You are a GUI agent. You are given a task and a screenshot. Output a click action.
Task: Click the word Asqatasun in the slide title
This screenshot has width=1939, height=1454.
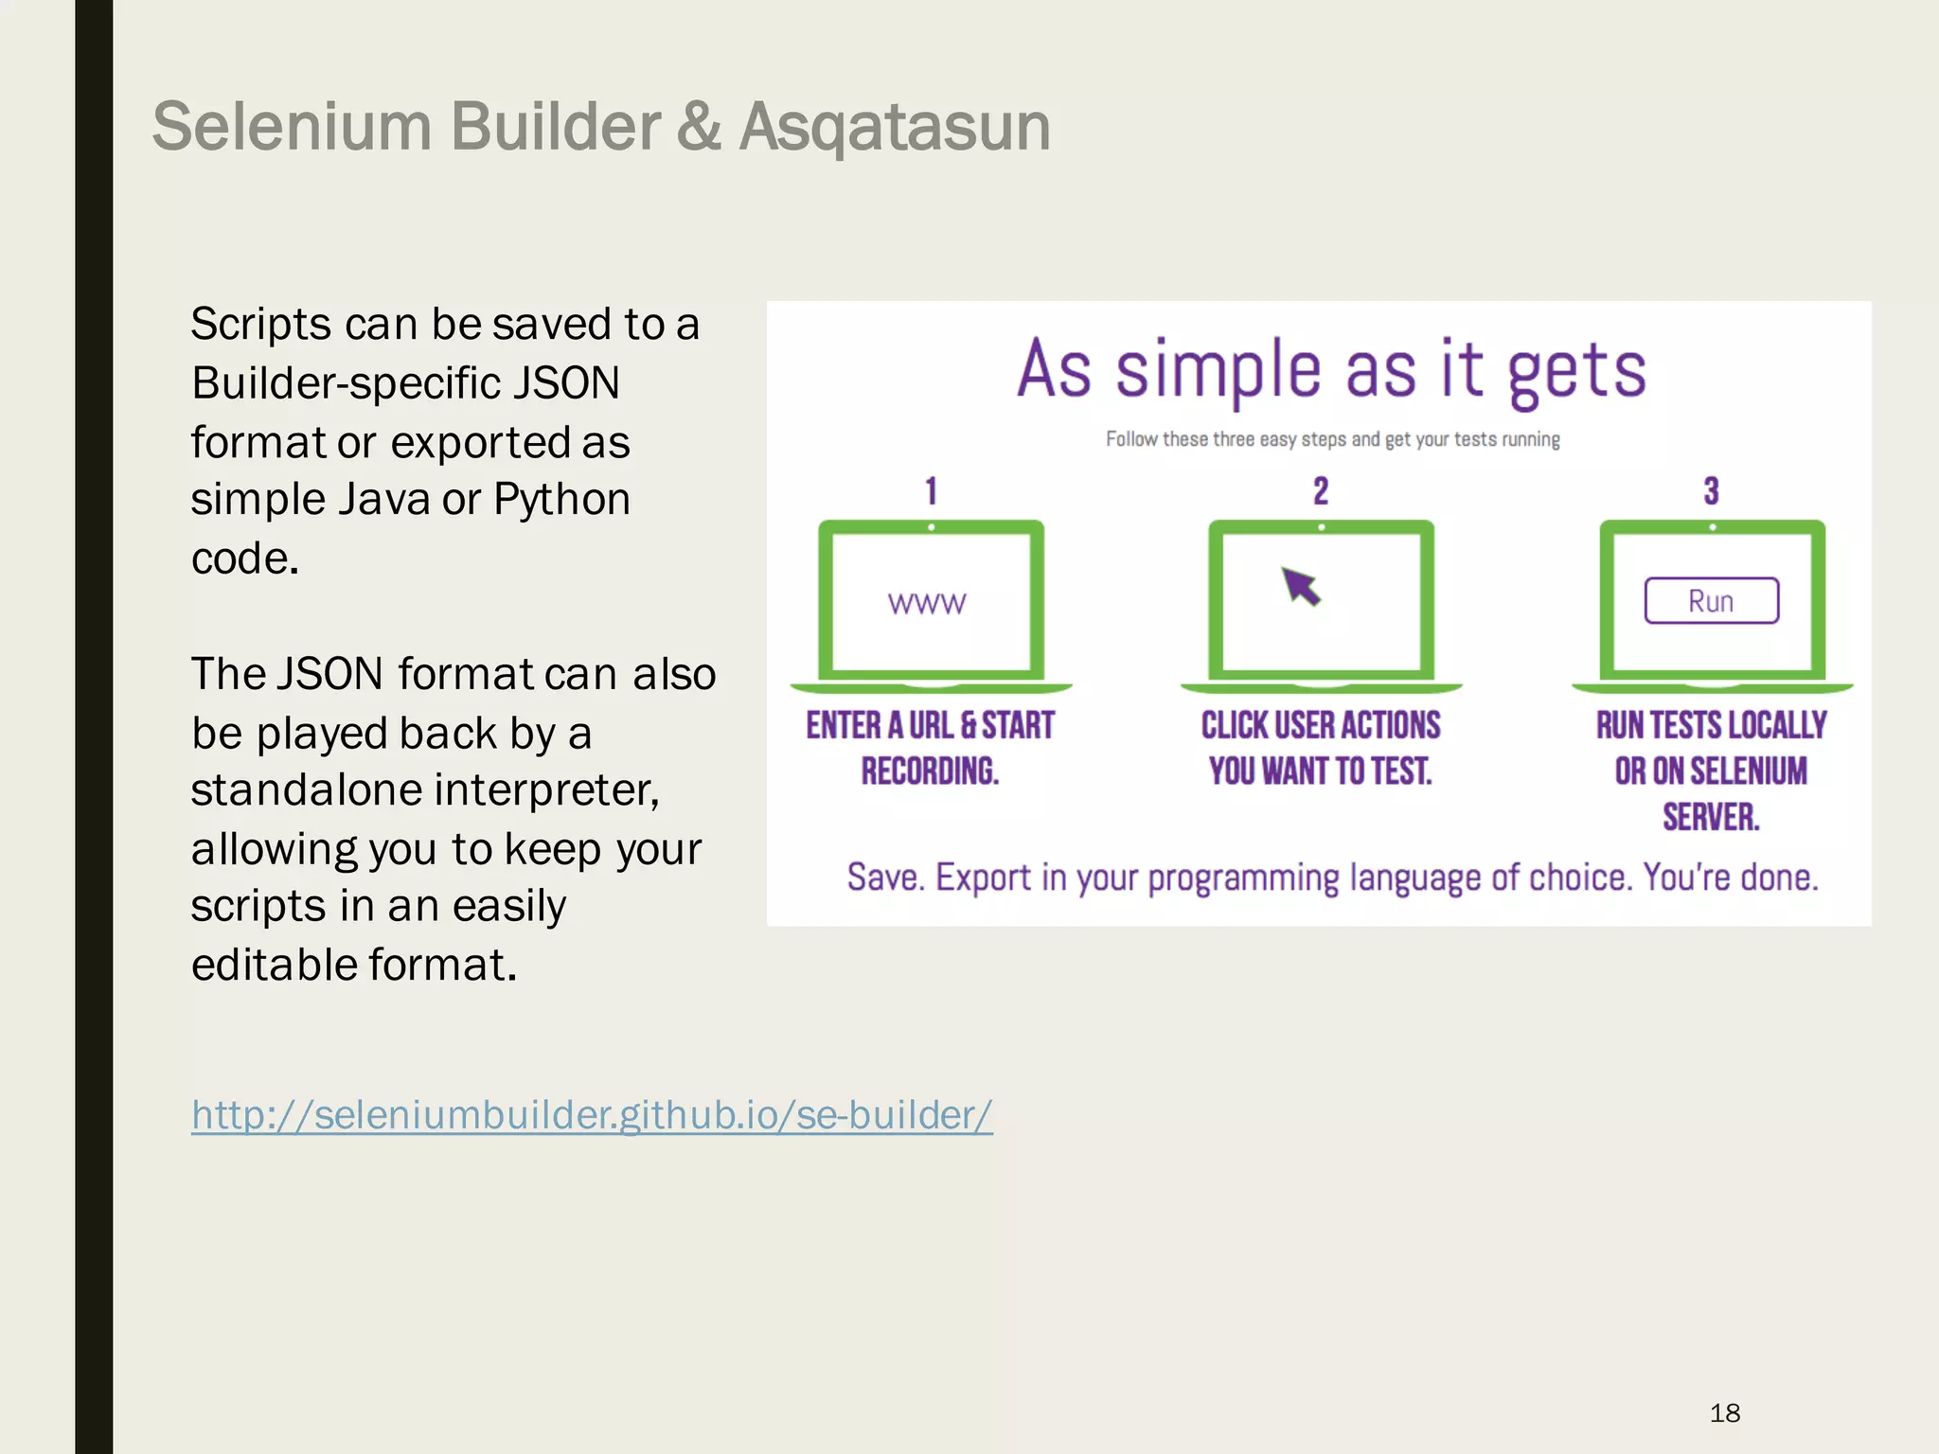coord(895,127)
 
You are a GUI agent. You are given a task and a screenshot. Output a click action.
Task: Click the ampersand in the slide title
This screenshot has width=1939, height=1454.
coord(699,127)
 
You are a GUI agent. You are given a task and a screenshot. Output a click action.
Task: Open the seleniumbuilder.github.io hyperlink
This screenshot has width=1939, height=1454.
coord(592,1115)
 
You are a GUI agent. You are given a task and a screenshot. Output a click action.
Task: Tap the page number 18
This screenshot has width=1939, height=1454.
coord(1725,1413)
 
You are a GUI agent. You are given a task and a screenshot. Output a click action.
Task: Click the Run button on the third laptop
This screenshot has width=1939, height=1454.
coord(1711,601)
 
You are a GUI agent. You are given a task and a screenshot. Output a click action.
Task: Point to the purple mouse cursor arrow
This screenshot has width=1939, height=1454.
coord(1301,586)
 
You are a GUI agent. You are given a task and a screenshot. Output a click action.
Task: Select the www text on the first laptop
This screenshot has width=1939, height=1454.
coord(927,604)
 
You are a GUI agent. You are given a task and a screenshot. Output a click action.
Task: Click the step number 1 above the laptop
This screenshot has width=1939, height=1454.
coord(931,491)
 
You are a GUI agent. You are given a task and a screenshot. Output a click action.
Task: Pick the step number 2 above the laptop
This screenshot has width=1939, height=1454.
coord(1321,491)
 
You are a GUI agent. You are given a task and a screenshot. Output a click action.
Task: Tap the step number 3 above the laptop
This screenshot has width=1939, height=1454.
coord(1711,491)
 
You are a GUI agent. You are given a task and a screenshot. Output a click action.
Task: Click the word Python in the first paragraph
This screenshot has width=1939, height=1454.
coord(561,500)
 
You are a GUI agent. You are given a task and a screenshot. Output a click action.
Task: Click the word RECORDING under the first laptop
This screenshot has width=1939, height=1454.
coord(929,771)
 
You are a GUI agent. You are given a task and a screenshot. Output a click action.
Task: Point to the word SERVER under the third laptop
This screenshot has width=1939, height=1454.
coord(1710,817)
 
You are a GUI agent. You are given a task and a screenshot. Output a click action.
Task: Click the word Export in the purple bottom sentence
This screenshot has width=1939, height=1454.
coord(983,878)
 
